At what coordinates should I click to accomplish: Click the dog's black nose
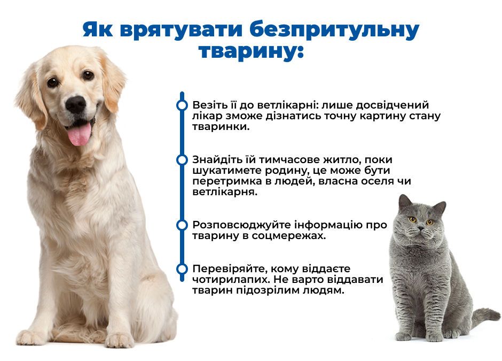coord(76,104)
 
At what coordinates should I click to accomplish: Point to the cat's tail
coord(485,317)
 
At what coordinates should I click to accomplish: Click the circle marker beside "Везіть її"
coord(182,105)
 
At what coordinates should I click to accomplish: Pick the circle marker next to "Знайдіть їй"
coord(182,160)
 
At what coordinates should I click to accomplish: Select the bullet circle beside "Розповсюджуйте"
coord(182,225)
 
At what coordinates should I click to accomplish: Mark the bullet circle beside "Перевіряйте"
coord(182,268)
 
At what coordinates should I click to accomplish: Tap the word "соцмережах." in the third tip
coord(288,236)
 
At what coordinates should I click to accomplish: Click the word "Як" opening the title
coord(98,30)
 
